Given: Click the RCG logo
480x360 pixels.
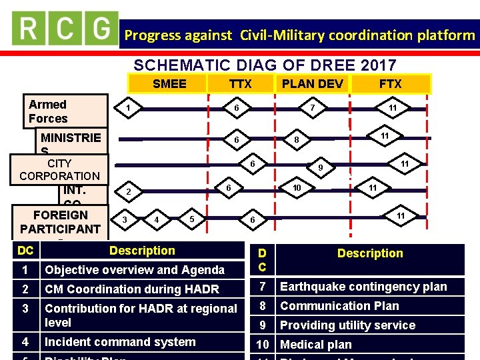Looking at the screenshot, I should [x=65, y=28].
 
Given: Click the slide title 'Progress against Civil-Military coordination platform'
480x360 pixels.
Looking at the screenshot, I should [x=299, y=35].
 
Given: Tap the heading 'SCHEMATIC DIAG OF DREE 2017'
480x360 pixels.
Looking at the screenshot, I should [x=265, y=65].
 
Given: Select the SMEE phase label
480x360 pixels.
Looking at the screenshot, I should [x=169, y=83].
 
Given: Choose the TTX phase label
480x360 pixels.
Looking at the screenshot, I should [x=240, y=83].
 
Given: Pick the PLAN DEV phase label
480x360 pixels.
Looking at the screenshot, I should [x=312, y=83].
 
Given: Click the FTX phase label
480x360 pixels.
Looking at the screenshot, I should [x=390, y=83].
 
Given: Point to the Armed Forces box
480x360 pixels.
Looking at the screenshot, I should [x=67, y=111].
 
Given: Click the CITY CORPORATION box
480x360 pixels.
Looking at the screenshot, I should [x=59, y=169].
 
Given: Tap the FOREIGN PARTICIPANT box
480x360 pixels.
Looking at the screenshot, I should [x=60, y=222].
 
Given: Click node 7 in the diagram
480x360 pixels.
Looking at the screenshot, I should [x=313, y=107].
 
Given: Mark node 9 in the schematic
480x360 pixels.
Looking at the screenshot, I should [x=320, y=168].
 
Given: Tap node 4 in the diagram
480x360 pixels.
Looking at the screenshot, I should [x=156, y=219].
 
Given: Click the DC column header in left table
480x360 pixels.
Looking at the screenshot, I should [x=26, y=251].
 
